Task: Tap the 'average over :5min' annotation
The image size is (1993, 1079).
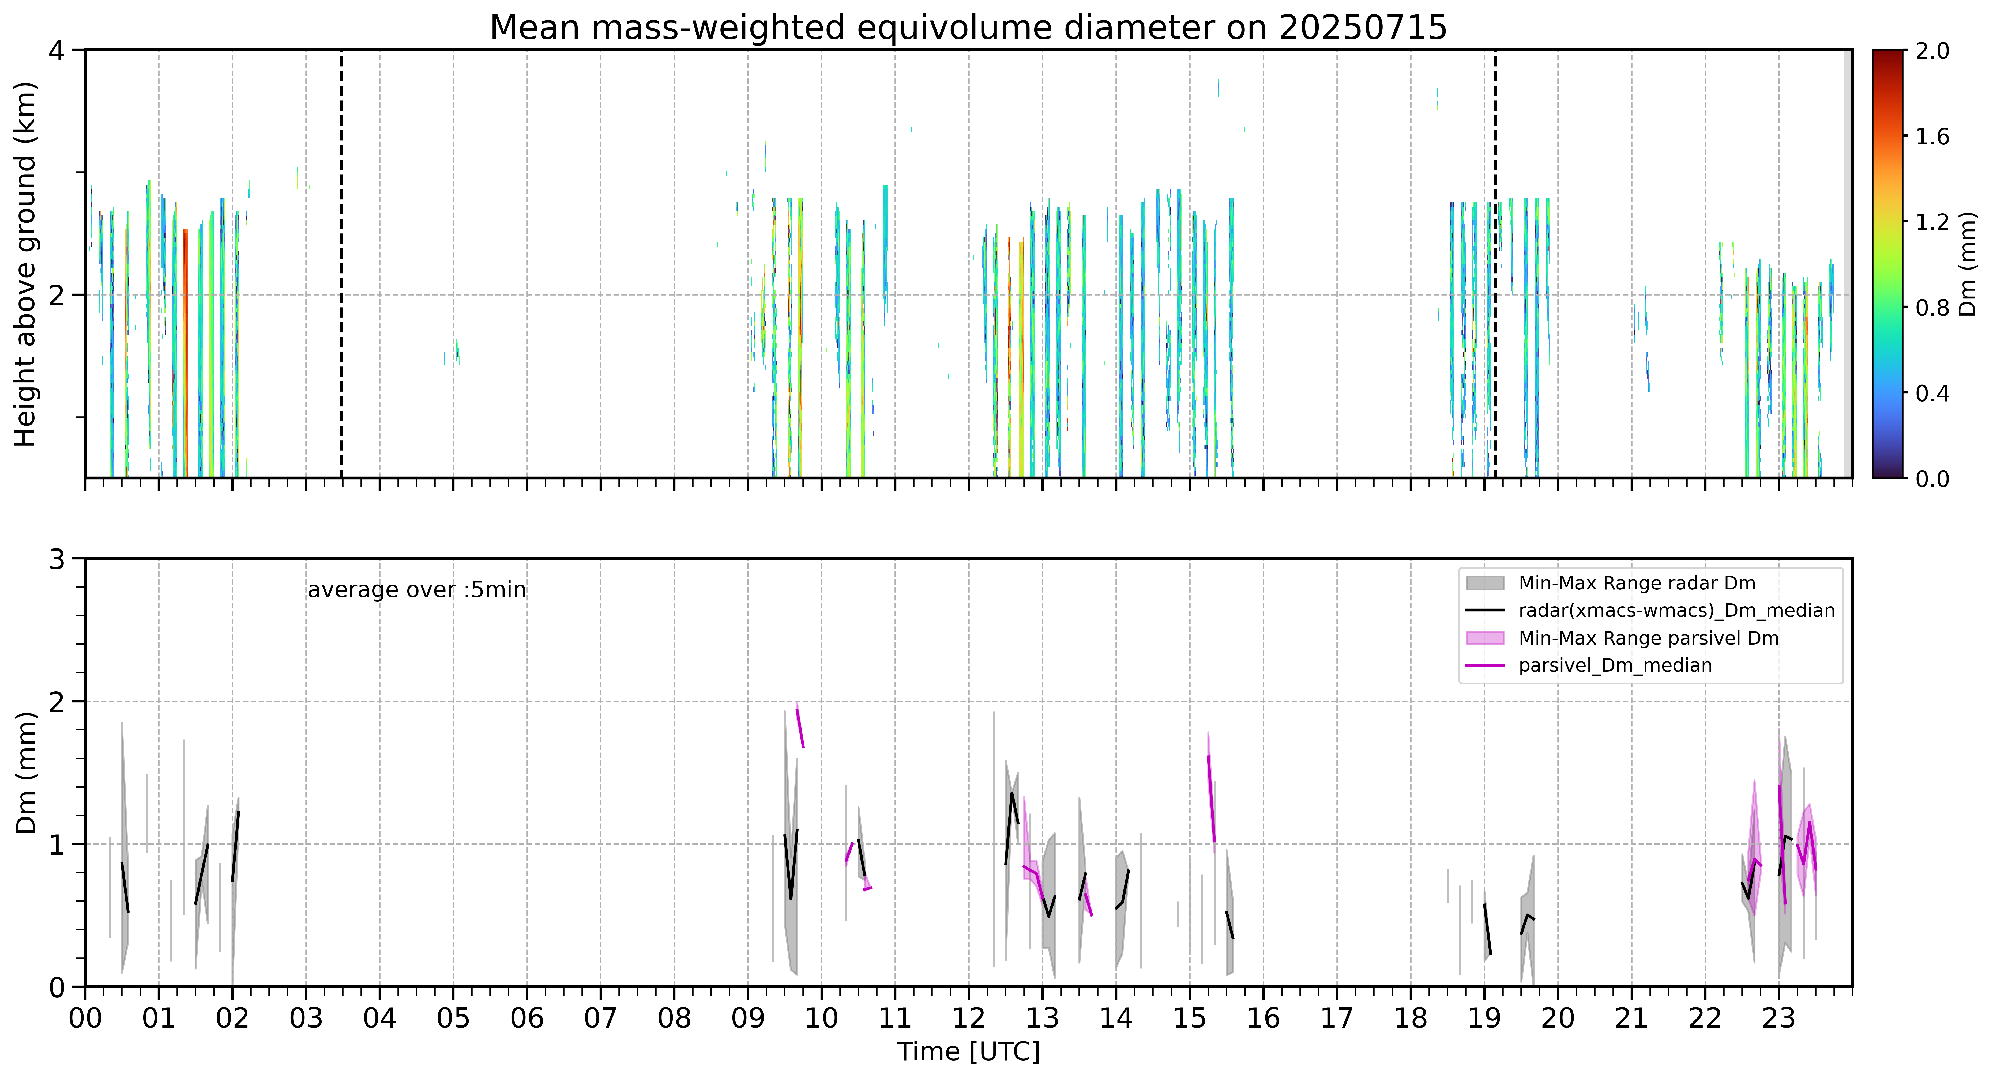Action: pyautogui.click(x=416, y=590)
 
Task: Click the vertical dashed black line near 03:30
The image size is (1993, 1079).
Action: pyautogui.click(x=342, y=264)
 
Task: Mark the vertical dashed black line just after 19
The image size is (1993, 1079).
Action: pyautogui.click(x=1495, y=264)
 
